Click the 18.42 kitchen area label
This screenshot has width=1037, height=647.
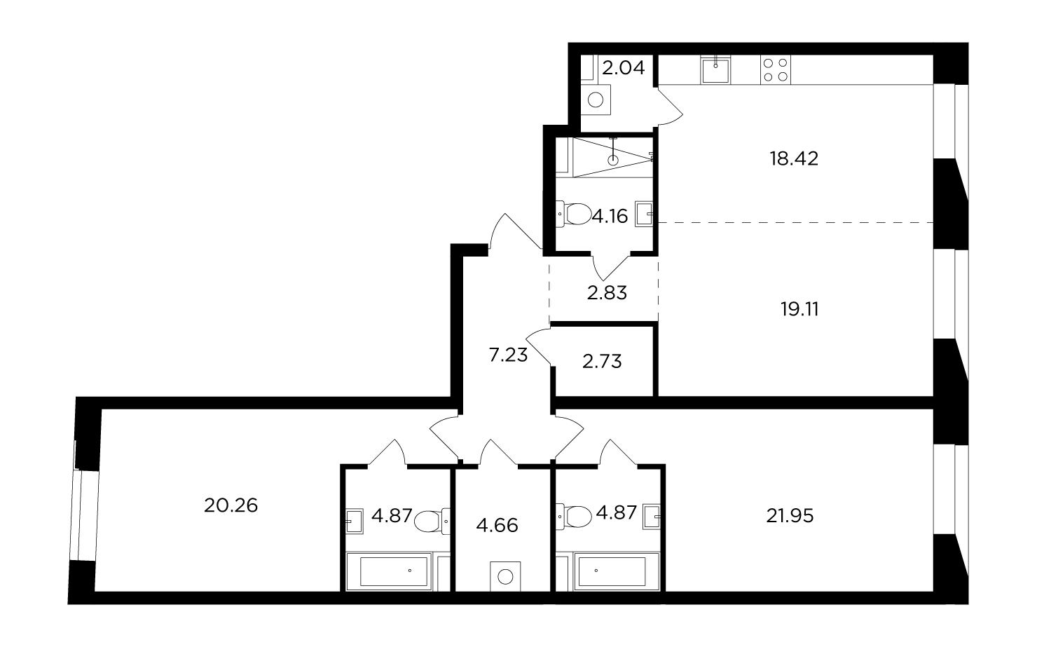pyautogui.click(x=794, y=159)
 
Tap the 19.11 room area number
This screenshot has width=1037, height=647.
pyautogui.click(x=799, y=309)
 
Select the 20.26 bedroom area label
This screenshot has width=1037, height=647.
pyautogui.click(x=231, y=505)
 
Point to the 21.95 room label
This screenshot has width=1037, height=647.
pyautogui.click(x=790, y=516)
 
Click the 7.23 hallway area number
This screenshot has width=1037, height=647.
pyautogui.click(x=508, y=355)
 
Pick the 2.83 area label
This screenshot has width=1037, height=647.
pyautogui.click(x=607, y=293)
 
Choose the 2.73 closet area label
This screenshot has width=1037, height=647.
pyautogui.click(x=602, y=362)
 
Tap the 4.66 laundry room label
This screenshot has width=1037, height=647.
pyautogui.click(x=497, y=526)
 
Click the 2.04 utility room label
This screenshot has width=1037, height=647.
pyautogui.click(x=624, y=68)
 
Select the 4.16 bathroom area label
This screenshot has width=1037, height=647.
pyautogui.click(x=610, y=217)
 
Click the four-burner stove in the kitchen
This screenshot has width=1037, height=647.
pyautogui.click(x=776, y=69)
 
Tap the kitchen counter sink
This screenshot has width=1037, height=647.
pyautogui.click(x=715, y=69)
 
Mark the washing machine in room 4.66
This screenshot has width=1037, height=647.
pyautogui.click(x=505, y=577)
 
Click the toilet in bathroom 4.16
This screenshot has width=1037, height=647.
pyautogui.click(x=574, y=214)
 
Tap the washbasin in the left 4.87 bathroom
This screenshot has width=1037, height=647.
pyautogui.click(x=354, y=522)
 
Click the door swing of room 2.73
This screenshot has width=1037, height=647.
pyautogui.click(x=538, y=346)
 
